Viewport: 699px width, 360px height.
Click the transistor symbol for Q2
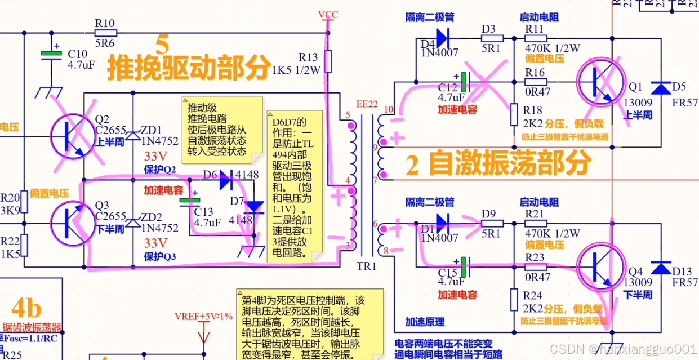click(x=74, y=136)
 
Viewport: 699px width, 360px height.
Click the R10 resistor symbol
click(x=105, y=33)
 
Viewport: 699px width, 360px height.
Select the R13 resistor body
click(x=328, y=61)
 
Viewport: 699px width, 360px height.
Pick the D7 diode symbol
click(x=256, y=207)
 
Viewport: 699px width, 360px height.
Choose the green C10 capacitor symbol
click(x=51, y=54)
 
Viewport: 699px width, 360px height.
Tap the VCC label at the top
click(x=328, y=15)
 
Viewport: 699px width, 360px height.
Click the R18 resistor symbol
click(x=514, y=114)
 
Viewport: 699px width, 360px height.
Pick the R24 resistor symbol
click(x=514, y=299)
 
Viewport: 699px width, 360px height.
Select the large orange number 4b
click(x=26, y=309)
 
